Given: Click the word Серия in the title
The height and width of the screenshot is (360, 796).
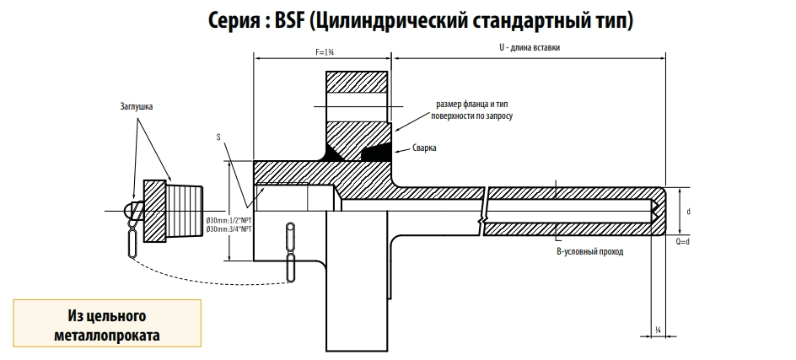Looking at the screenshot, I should (236, 19).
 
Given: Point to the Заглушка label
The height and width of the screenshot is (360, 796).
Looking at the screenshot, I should (137, 108).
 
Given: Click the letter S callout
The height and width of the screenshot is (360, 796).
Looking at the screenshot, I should (218, 135).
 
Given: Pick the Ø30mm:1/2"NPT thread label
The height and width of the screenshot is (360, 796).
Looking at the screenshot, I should (228, 221).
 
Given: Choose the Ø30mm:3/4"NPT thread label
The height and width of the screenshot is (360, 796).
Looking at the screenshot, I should (228, 229).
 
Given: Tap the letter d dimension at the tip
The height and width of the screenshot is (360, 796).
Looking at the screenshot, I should (689, 211).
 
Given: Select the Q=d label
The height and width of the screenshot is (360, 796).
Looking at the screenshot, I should (683, 242).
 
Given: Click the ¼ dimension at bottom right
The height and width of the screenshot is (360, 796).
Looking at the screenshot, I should (657, 330).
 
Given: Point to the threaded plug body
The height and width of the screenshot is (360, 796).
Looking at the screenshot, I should (184, 207).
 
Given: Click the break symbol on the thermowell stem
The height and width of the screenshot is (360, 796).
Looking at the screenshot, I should (481, 211).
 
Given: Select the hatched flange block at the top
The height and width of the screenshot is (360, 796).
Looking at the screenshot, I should (358, 94).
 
